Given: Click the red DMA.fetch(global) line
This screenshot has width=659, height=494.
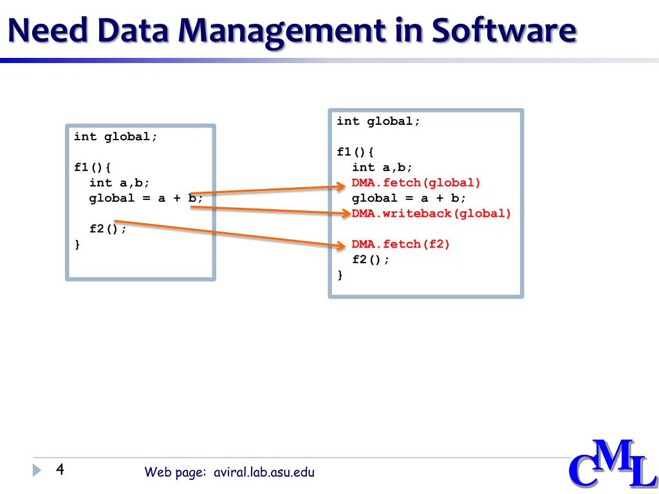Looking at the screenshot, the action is point(416,183).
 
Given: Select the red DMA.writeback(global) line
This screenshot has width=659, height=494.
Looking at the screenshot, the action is point(431,214).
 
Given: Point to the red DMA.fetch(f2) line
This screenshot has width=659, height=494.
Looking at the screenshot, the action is point(401,244).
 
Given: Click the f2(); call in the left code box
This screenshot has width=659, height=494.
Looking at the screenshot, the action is point(108,229).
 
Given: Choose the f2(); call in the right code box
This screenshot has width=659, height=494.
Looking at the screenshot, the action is point(371,260).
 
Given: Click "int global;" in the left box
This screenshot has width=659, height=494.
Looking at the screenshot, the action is point(116,136).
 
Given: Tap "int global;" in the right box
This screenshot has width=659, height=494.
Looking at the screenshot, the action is point(378,121).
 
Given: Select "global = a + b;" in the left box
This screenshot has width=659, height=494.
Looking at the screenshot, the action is point(146,198).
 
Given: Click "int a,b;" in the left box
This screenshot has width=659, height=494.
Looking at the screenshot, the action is point(120,183).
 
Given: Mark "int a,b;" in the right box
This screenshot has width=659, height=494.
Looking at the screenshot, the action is point(382,167).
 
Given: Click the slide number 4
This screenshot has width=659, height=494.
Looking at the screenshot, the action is point(60,469).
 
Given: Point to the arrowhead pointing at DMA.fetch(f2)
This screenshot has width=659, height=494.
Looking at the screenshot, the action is point(341,244).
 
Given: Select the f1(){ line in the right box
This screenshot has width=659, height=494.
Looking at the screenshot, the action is point(355,152).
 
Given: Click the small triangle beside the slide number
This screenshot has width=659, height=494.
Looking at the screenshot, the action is point(36,470).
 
